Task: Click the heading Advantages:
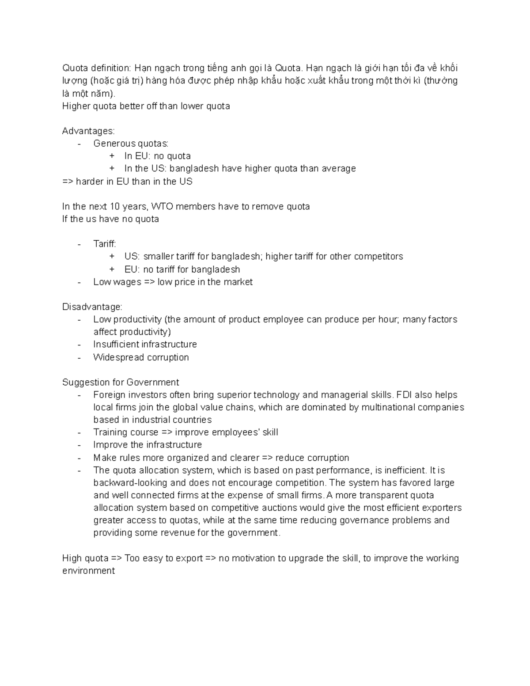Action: [x=88, y=131]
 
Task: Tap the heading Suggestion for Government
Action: [x=121, y=383]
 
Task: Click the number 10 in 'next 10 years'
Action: [x=110, y=207]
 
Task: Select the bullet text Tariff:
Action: [x=105, y=244]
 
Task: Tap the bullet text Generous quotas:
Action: [x=131, y=144]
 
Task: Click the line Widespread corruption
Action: [x=141, y=357]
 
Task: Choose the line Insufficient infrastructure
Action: [x=145, y=345]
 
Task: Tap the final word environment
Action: [x=88, y=571]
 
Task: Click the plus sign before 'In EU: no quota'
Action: [x=112, y=156]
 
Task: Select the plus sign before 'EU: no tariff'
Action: [x=112, y=269]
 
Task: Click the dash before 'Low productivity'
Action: [x=79, y=320]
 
